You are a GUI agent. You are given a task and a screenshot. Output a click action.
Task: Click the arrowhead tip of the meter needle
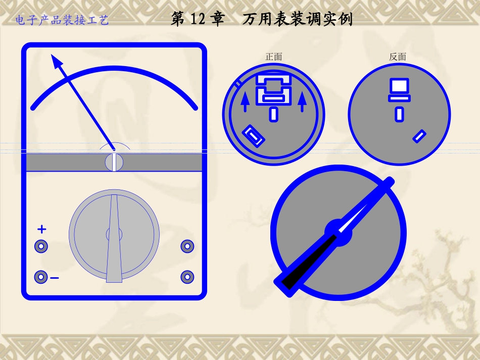tap(52, 55)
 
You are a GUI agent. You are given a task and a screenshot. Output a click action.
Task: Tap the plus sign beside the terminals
tap(42, 229)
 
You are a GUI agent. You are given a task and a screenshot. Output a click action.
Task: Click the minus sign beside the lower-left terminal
tap(55, 278)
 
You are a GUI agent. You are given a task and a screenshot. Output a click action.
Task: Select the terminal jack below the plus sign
tap(41, 246)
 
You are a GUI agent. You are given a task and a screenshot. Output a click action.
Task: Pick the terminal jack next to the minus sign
tap(41, 277)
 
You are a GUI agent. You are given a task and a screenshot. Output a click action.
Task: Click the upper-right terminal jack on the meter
tap(187, 246)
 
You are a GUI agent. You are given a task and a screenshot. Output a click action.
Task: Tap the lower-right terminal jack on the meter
tap(187, 277)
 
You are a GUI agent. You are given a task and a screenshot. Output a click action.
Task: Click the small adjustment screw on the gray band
tap(114, 162)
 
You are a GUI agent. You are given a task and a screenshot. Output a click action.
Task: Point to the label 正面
tap(274, 57)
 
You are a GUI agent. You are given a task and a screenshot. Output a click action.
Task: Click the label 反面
tap(397, 57)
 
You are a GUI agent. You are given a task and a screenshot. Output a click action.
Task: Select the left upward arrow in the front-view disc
tap(245, 102)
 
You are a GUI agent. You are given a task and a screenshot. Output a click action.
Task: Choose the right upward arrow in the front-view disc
tap(302, 102)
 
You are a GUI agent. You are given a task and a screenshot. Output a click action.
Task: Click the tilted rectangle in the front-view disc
tap(254, 136)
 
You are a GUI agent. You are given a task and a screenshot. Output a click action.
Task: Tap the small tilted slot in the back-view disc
tap(419, 136)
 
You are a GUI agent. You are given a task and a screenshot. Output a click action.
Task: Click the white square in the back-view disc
tap(399, 85)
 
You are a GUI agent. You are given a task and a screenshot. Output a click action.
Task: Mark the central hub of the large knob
tap(338, 233)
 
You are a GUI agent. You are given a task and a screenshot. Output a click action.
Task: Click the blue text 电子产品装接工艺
tap(62, 20)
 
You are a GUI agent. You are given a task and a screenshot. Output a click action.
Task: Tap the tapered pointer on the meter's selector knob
tap(114, 238)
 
